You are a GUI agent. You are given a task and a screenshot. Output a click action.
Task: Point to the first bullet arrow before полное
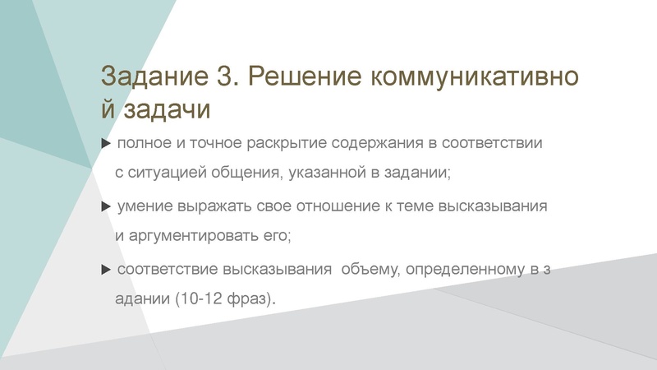click(x=105, y=144)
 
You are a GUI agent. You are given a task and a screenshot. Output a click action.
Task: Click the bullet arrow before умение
click(x=105, y=206)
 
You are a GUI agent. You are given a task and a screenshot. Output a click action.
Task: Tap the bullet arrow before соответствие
click(x=105, y=269)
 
